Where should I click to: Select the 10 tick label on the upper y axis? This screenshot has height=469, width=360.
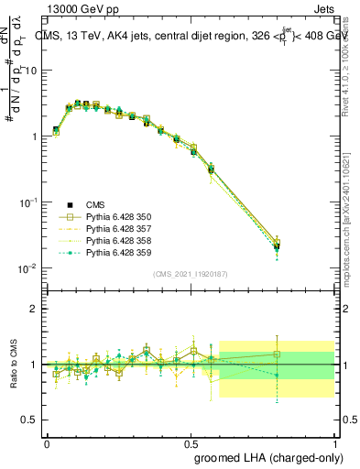click(x=32, y=71)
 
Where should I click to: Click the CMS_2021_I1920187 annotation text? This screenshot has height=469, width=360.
click(x=190, y=273)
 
